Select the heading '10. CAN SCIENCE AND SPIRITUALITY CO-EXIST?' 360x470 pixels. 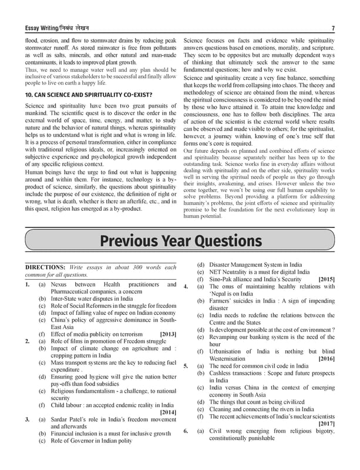[89, 95]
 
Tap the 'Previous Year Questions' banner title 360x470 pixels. [180, 241]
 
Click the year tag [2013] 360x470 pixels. [167, 334]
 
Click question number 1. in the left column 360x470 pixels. [28, 284]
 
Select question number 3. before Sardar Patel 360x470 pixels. [28, 419]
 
